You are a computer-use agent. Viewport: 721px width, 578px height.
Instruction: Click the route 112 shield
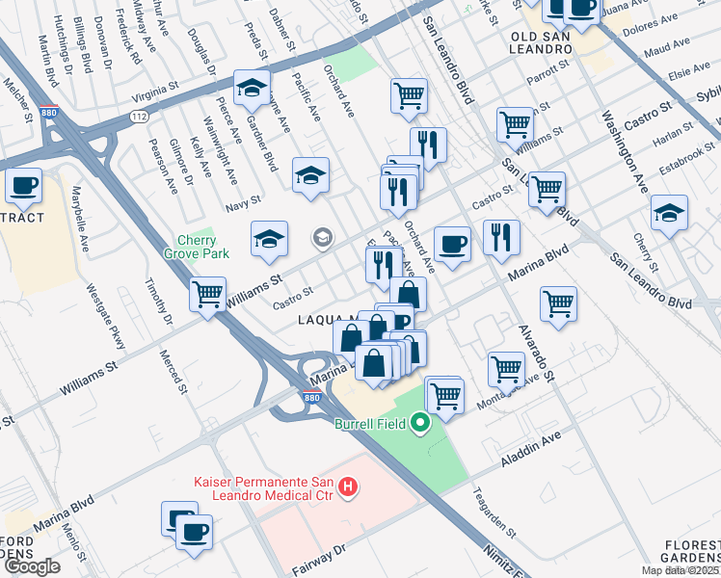139,115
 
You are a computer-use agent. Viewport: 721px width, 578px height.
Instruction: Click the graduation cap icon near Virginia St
252,89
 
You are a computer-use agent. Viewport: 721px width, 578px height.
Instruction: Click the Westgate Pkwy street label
104,319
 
